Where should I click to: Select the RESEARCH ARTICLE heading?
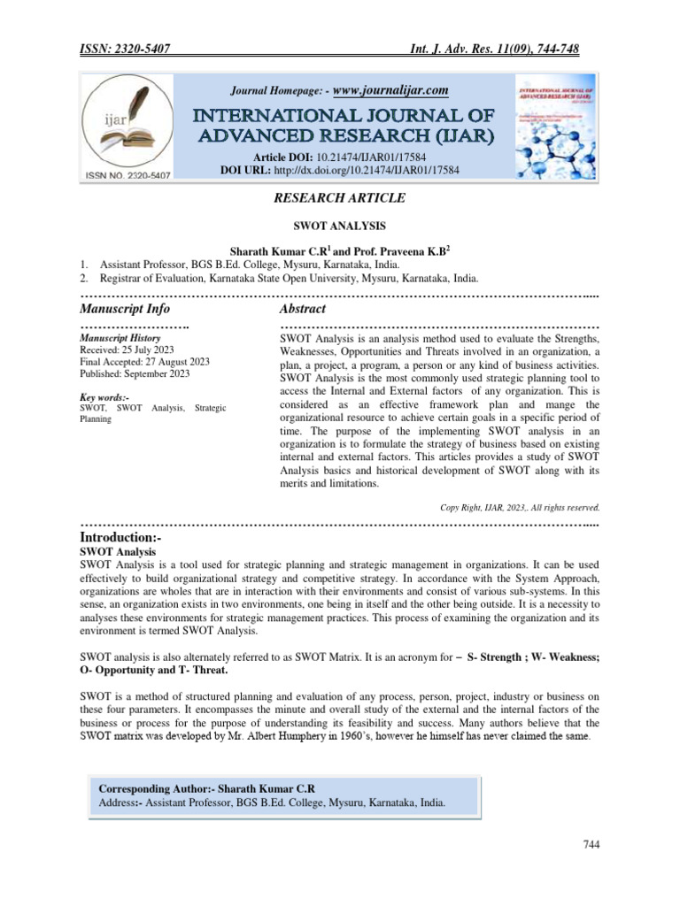point(339,200)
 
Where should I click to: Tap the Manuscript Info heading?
point(125,309)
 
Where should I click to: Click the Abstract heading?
point(302,309)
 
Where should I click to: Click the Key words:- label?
point(104,398)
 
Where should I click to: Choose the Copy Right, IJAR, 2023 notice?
point(520,507)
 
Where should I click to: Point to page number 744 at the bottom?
point(591,846)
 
